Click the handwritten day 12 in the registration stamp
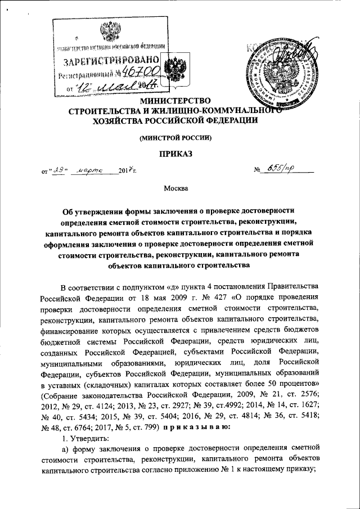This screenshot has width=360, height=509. pos(85,87)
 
